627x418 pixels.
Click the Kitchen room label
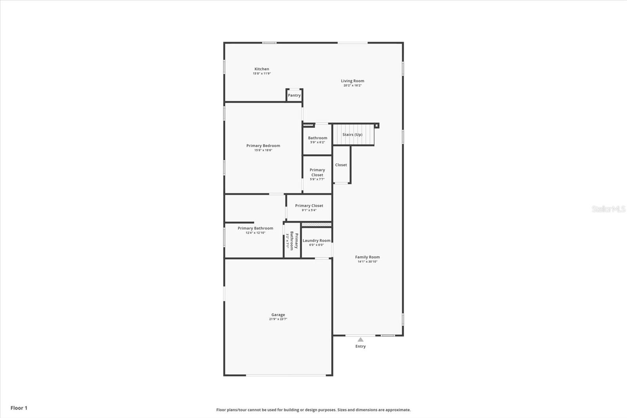[262, 69]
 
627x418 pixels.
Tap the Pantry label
[294, 95]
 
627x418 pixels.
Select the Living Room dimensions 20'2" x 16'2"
[352, 85]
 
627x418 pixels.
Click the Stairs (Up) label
[352, 134]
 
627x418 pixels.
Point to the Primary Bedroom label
[263, 146]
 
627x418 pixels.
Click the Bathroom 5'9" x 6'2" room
[317, 140]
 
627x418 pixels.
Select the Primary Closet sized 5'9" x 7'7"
[317, 174]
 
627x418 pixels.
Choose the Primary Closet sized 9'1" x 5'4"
[309, 207]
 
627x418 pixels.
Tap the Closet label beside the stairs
[341, 165]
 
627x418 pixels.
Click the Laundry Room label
[316, 241]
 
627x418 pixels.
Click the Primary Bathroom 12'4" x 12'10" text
[255, 230]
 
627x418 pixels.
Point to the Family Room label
[367, 257]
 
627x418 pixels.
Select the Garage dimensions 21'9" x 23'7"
[278, 319]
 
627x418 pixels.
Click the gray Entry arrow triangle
[360, 340]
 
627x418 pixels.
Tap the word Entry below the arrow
[360, 347]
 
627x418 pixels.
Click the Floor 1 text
[19, 408]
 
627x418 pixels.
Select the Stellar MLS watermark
[608, 209]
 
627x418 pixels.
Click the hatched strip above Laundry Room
[316, 225]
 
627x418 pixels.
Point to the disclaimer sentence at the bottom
[313, 410]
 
